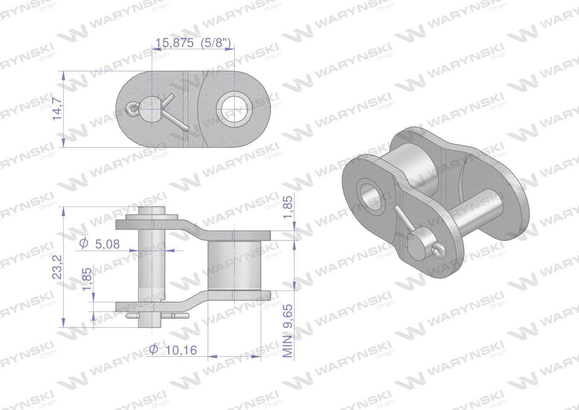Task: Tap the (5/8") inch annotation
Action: [x=215, y=43]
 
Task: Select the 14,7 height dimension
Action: [x=57, y=109]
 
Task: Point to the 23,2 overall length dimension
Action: [x=57, y=266]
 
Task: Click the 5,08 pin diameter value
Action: [x=107, y=244]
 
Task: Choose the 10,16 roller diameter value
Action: [x=181, y=351]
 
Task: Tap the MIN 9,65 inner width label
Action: [x=288, y=331]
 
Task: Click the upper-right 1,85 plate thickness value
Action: [x=288, y=207]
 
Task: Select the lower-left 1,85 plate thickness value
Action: [x=87, y=279]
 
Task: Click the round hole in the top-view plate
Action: [x=234, y=109]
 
